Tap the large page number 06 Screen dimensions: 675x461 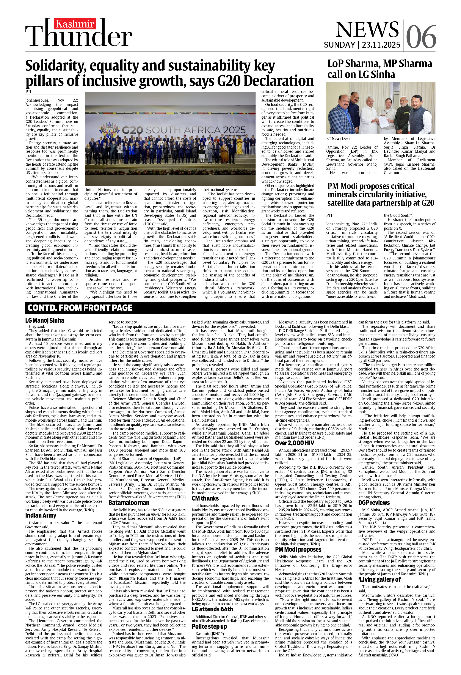(x=421, y=37)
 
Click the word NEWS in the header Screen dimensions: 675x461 (x=367, y=29)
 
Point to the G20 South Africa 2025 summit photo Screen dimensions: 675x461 (x=170, y=139)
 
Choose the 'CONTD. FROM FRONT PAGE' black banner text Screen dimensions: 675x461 (x=80, y=308)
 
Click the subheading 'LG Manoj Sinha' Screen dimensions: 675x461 (x=45, y=320)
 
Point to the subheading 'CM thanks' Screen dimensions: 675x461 (x=205, y=498)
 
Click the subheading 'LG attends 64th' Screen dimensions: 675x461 (x=212, y=609)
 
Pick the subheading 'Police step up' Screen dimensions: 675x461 (x=209, y=626)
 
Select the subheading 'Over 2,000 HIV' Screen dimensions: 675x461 (x=295, y=443)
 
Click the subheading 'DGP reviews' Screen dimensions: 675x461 (x=374, y=502)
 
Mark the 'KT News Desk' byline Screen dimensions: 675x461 (x=338, y=138)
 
